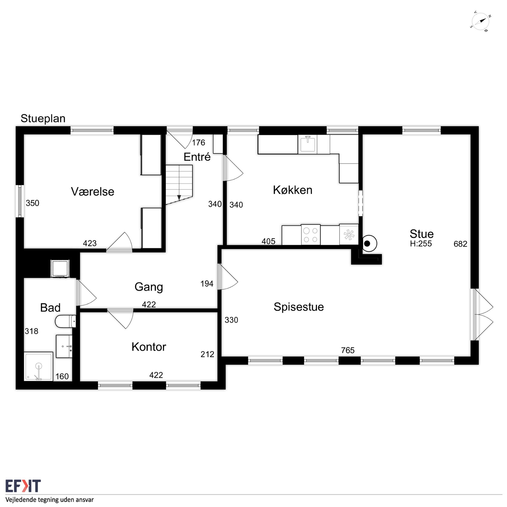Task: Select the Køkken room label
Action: coord(293,190)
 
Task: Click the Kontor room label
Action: coord(149,347)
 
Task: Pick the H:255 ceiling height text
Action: coord(421,244)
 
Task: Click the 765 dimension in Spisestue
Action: coord(348,350)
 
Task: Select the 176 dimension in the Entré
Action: coord(198,143)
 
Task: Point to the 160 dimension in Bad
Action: coord(62,376)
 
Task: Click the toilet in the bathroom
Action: coord(66,321)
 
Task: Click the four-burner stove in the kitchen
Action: coord(311,235)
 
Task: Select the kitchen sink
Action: coord(308,144)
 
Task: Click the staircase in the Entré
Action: coord(179,184)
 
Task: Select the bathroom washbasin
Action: coord(64,346)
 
